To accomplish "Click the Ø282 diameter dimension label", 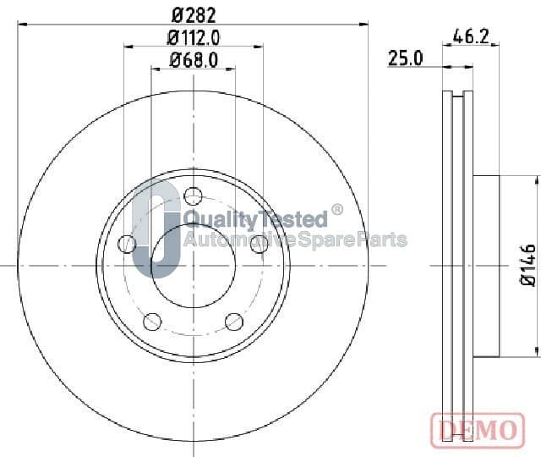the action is pyautogui.click(x=194, y=15).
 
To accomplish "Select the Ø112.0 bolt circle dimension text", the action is pyautogui.click(x=194, y=37).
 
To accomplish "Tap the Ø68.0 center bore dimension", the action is pyautogui.click(x=194, y=60).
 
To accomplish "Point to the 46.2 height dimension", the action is pyautogui.click(x=471, y=36).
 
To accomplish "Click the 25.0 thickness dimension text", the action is pyautogui.click(x=406, y=58).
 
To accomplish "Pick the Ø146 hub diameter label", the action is pyautogui.click(x=528, y=265).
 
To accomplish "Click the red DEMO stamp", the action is pyautogui.click(x=478, y=430).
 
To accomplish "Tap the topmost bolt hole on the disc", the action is pyautogui.click(x=194, y=196).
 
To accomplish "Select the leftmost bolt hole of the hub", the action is pyautogui.click(x=127, y=244).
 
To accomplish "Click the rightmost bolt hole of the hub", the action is pyautogui.click(x=260, y=244).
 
